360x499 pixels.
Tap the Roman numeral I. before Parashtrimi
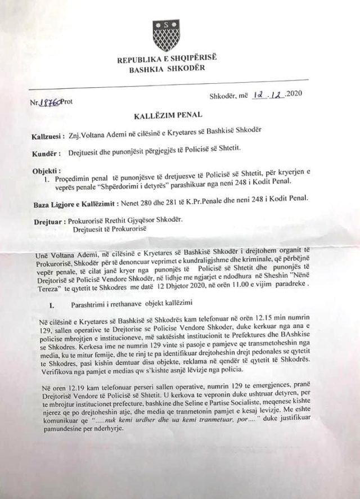(52, 304)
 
